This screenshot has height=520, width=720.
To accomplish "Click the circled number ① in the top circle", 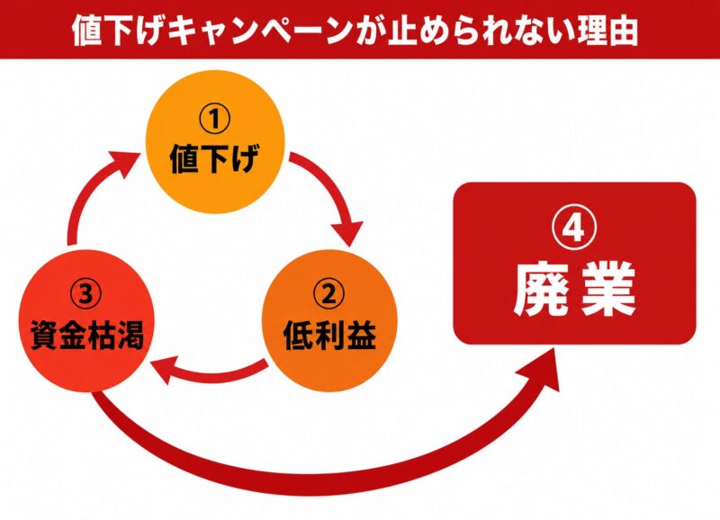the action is [x=215, y=119].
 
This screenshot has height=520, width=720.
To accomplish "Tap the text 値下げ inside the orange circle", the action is [x=215, y=158].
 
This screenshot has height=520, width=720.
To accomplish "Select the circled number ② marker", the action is [x=328, y=295].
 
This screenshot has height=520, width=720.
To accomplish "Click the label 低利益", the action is [x=329, y=335].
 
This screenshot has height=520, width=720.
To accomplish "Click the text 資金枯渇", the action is [x=86, y=335].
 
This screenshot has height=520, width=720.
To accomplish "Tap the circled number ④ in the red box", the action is [x=574, y=229].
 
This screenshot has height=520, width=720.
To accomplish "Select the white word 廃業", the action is [x=574, y=289].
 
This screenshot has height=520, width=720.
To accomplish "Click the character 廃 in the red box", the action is [x=542, y=289].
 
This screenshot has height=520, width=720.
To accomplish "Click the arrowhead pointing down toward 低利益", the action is [x=347, y=234].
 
